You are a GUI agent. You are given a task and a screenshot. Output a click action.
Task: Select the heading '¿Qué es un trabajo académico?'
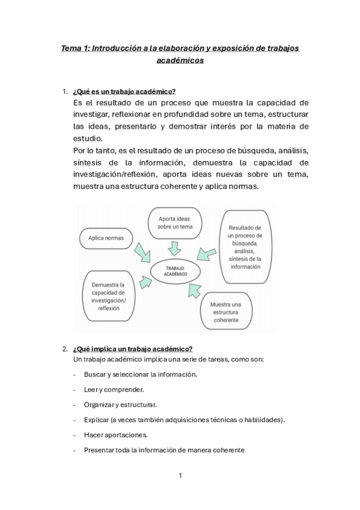coord(124,91)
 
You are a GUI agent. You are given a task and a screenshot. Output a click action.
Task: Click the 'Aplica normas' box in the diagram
coord(106,238)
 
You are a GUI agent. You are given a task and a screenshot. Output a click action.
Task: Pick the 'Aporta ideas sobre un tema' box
coord(175,223)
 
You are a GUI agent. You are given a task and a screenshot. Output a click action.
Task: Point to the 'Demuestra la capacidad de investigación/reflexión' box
coord(109,296)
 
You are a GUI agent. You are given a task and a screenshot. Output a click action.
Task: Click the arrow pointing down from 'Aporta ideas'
coord(175,247)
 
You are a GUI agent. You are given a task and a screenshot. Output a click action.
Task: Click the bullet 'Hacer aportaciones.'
coord(114,434)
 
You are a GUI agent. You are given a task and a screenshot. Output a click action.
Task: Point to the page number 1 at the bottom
coord(180,476)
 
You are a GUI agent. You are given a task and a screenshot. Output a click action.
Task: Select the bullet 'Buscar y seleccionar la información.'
coord(140,374)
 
